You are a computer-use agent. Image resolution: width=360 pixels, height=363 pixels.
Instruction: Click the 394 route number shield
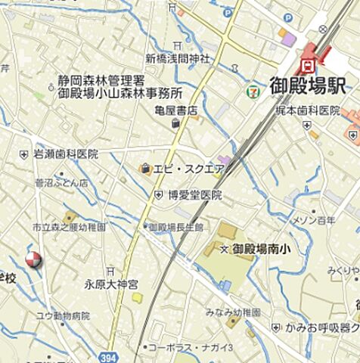pos(110,357)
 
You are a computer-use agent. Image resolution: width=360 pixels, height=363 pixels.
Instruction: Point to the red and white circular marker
pos(32,260)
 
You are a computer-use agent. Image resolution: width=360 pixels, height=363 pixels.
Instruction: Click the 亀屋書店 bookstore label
pos(175,110)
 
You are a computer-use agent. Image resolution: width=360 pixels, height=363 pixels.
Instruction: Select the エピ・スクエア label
pos(189,168)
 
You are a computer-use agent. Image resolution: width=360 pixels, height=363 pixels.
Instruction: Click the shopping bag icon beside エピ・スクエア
pos(144,168)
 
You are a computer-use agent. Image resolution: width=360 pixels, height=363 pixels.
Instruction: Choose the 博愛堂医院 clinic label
pos(195,194)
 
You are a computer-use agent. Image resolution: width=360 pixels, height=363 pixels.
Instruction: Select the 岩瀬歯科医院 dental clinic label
pos(65,154)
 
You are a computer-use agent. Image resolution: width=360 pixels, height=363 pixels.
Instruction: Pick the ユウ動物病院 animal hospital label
pos(63,315)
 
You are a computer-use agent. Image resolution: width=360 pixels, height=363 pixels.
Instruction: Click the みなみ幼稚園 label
pos(234,312)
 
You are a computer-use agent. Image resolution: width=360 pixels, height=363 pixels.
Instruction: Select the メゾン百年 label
pos(313,220)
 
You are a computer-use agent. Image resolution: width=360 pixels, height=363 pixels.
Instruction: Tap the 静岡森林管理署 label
pos(101,80)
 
